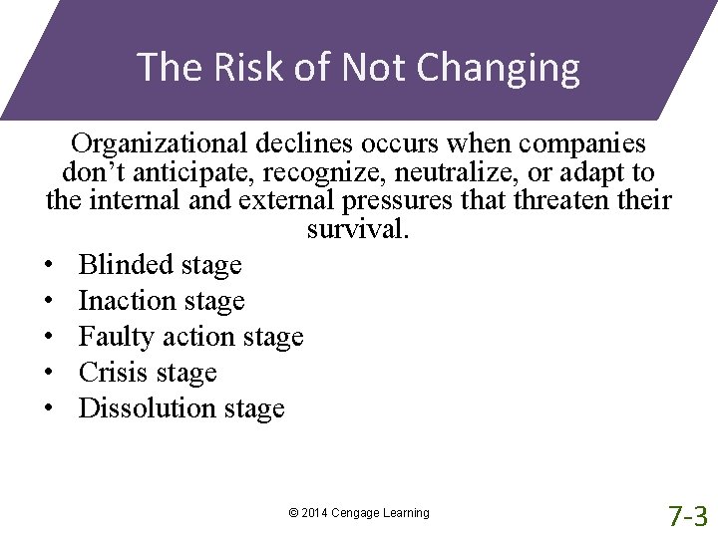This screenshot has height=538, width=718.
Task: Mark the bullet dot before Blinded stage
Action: (x=49, y=266)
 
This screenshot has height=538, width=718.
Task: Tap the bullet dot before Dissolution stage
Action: (x=49, y=409)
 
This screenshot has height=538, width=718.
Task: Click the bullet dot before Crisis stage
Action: (x=49, y=374)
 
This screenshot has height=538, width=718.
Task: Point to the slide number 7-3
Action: (x=688, y=515)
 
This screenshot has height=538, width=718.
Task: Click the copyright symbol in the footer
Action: (x=292, y=513)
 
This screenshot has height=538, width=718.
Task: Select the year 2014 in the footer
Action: (x=314, y=513)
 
